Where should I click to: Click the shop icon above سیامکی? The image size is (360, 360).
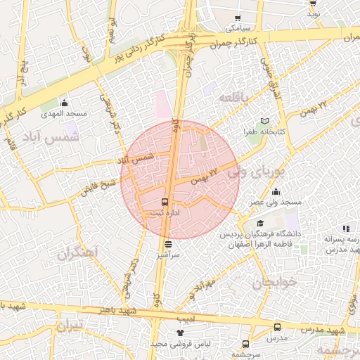tap(238, 19)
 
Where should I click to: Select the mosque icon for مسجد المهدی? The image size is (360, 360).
tap(65, 103)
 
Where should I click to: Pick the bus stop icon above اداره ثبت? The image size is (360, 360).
tap(165, 201)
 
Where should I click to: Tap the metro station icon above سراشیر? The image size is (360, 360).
tap(168, 245)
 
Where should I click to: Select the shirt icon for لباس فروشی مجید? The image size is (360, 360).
tap(180, 333)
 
